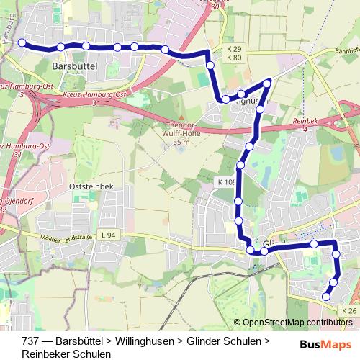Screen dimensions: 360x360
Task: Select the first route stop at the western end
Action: (x=22, y=43)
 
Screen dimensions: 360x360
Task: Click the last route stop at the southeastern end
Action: (x=326, y=296)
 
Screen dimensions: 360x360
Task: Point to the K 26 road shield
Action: (x=348, y=310)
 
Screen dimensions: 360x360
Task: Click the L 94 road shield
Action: (x=109, y=235)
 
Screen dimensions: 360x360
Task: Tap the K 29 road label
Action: (x=233, y=48)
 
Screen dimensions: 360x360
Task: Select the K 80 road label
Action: (x=233, y=58)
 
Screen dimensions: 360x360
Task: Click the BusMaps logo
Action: (x=325, y=344)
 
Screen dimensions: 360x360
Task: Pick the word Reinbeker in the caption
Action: (x=45, y=354)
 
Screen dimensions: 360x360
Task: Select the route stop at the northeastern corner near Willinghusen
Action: (x=268, y=83)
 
